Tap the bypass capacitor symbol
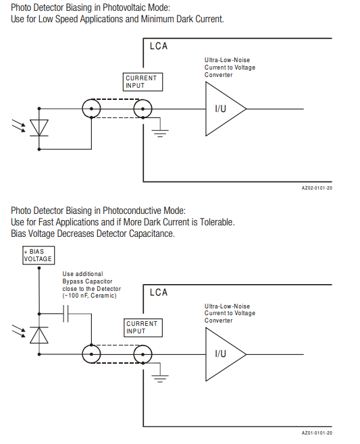[x=66, y=314]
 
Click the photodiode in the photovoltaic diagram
[x=39, y=128]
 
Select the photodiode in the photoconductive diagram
[x=39, y=335]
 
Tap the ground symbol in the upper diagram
[x=160, y=132]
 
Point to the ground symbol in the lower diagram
[x=160, y=377]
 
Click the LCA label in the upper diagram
[x=159, y=46]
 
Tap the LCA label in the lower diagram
[x=159, y=292]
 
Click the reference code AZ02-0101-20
[x=317, y=188]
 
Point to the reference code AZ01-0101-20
[x=317, y=433]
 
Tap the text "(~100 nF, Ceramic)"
[x=90, y=296]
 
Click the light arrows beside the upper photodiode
[x=19, y=126]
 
